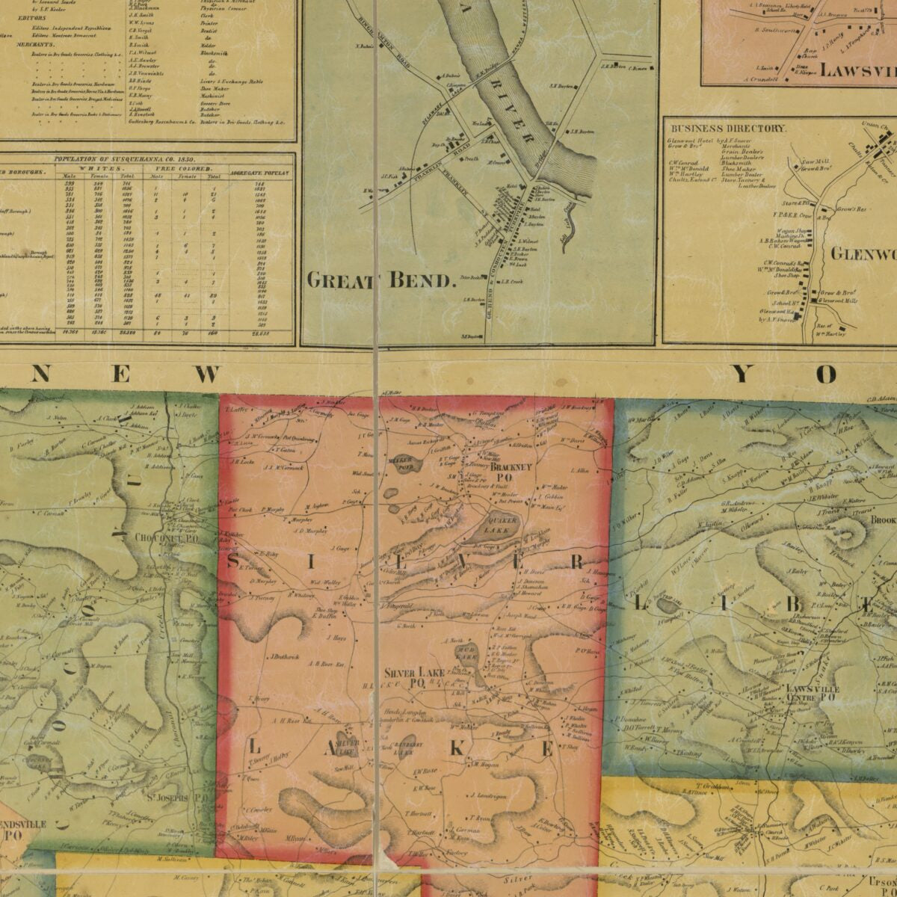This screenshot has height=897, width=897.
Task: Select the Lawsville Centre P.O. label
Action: click(x=813, y=693)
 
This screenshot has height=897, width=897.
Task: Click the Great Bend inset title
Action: click(x=381, y=281)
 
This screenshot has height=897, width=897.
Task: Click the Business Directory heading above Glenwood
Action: click(x=727, y=129)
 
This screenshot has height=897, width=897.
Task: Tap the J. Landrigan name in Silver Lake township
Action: click(x=488, y=796)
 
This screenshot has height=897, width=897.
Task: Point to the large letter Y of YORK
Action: click(x=742, y=373)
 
